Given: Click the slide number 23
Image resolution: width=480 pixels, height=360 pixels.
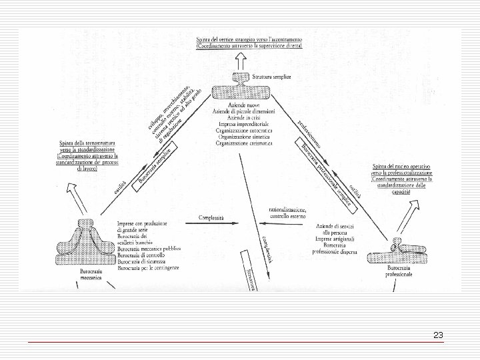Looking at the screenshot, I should coord(438,335).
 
